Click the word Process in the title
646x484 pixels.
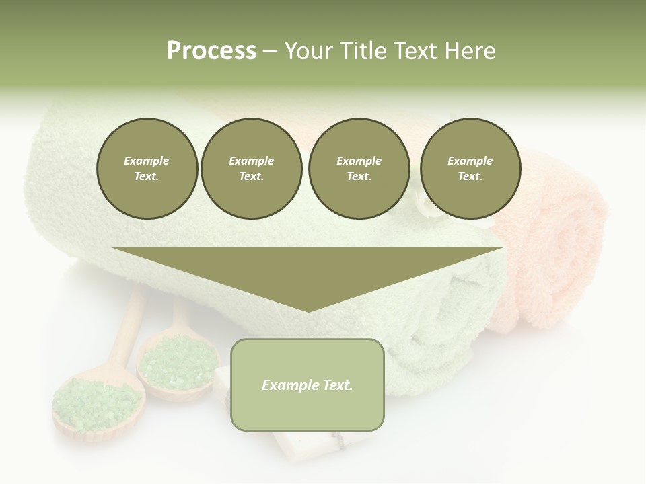click(211, 51)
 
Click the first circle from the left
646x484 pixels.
click(147, 169)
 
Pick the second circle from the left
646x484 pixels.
click(251, 169)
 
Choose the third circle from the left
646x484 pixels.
click(359, 169)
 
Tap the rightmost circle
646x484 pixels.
click(470, 169)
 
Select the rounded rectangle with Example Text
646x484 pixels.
click(308, 385)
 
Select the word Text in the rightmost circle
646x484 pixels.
click(470, 177)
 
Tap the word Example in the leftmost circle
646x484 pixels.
click(147, 161)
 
